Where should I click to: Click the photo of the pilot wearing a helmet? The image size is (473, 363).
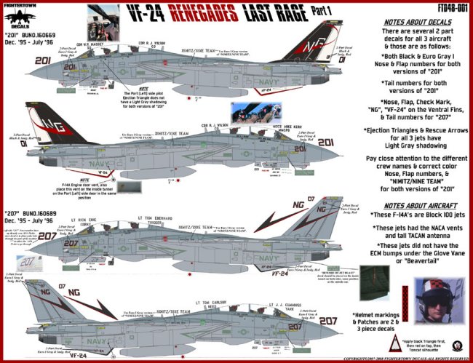tap(438, 300)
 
